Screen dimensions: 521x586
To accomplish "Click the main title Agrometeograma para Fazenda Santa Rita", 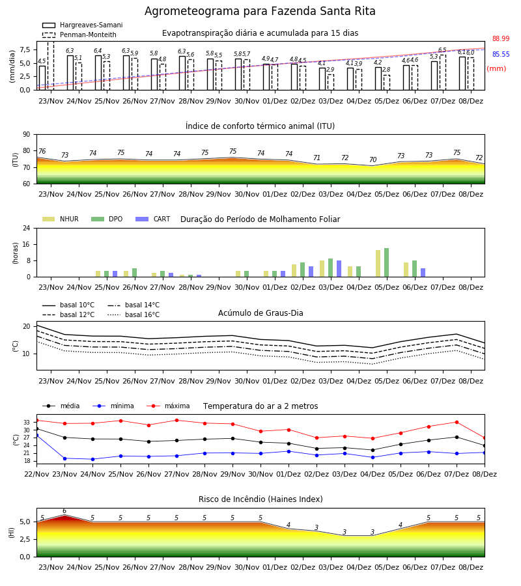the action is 260,11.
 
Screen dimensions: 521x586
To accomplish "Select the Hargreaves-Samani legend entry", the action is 82,25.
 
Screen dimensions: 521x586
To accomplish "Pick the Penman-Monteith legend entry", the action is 79,35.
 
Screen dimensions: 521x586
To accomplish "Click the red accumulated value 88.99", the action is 501,38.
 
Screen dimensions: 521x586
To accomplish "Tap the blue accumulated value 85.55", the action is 501,54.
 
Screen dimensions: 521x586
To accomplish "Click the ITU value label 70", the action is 373,160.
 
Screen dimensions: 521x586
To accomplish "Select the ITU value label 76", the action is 42,151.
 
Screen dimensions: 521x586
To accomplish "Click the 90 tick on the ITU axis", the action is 27,135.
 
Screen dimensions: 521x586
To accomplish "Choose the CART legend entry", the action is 153,219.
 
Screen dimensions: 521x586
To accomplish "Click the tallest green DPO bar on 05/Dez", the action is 386,262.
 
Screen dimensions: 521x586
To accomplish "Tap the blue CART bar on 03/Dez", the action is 339,269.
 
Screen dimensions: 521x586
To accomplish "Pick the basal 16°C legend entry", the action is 134,314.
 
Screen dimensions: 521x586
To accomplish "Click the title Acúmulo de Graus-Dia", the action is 260,313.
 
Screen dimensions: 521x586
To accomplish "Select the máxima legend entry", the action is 168,406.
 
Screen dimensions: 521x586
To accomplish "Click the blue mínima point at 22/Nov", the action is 36,436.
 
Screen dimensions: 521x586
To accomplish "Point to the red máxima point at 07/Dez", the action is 457,423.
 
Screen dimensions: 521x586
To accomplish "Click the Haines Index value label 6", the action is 64,511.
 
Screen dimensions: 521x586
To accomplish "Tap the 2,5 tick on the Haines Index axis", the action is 25,539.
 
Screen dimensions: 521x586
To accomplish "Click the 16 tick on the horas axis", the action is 27,244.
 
